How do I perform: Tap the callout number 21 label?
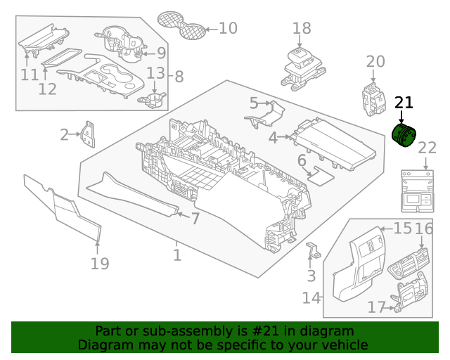pyautogui.click(x=404, y=103)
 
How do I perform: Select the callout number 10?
pyautogui.click(x=228, y=29)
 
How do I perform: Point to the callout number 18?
pyautogui.click(x=302, y=29)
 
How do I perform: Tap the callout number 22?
pyautogui.click(x=427, y=148)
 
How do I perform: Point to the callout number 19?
pyautogui.click(x=100, y=264)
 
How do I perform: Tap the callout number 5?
pyautogui.click(x=254, y=103)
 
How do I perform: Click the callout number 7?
pyautogui.click(x=195, y=219)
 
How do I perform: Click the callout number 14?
pyautogui.click(x=311, y=297)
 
